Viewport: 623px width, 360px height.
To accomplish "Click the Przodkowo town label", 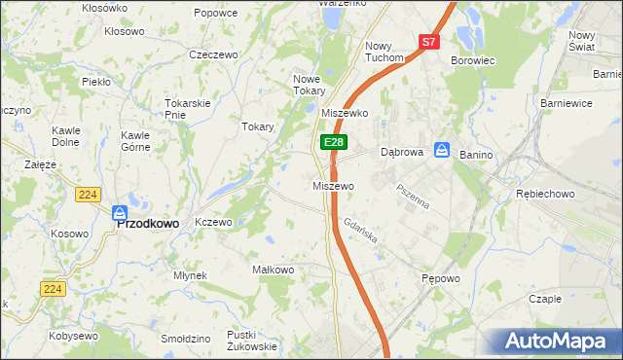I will pyautogui.click(x=148, y=223).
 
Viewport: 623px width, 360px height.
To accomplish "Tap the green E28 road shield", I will pyautogui.click(x=333, y=142).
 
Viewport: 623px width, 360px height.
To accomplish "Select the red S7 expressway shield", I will pyautogui.click(x=429, y=42).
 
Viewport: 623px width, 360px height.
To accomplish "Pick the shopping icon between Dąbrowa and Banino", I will pyautogui.click(x=441, y=150).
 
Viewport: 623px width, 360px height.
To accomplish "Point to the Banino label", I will pyautogui.click(x=477, y=155).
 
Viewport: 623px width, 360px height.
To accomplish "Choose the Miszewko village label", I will pyautogui.click(x=344, y=113).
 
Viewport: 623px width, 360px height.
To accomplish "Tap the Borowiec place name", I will pyautogui.click(x=473, y=60).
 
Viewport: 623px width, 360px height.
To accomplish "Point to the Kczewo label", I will pyautogui.click(x=213, y=222).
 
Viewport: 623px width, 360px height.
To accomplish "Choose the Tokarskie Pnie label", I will pyautogui.click(x=188, y=108).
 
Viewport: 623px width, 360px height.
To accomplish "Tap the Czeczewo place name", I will pyautogui.click(x=214, y=55).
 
